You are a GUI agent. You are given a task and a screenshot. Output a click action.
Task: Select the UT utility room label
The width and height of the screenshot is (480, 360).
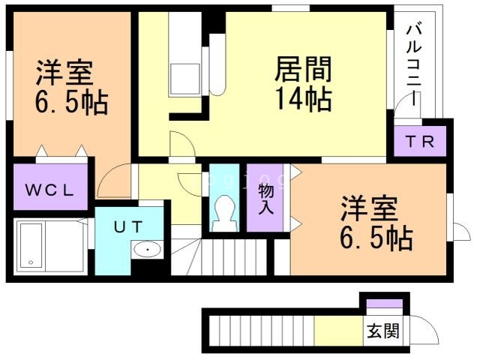point(128,225)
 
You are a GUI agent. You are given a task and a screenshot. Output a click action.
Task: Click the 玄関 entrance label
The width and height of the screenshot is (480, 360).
point(382,331)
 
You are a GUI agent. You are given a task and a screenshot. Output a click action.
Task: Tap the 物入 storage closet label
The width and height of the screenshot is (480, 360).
point(265,197)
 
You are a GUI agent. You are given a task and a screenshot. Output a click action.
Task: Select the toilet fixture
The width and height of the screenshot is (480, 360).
point(223,212)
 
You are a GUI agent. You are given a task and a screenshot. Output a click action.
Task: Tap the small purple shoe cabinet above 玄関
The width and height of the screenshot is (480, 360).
point(385,303)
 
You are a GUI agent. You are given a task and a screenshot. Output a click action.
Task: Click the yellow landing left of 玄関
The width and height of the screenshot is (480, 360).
point(337,331)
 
